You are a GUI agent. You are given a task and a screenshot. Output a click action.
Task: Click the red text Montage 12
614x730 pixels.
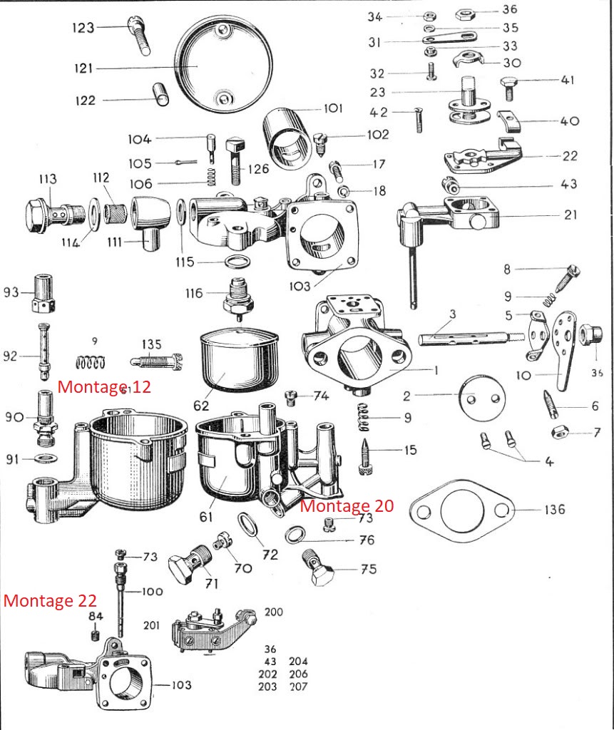click(x=104, y=387)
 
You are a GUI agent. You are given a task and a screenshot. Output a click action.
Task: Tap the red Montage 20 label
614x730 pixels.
click(x=347, y=505)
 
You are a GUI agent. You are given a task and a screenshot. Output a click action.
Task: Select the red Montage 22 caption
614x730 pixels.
click(x=50, y=600)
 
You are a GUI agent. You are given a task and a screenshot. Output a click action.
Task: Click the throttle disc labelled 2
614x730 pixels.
click(x=483, y=396)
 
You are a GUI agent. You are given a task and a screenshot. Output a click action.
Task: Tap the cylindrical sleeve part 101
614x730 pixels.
click(x=287, y=136)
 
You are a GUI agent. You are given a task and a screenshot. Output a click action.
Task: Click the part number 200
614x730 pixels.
click(x=273, y=612)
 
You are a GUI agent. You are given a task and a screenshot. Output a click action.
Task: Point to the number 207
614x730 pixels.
click(x=299, y=687)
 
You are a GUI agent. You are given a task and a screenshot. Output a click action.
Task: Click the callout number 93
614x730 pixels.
click(x=10, y=292)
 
